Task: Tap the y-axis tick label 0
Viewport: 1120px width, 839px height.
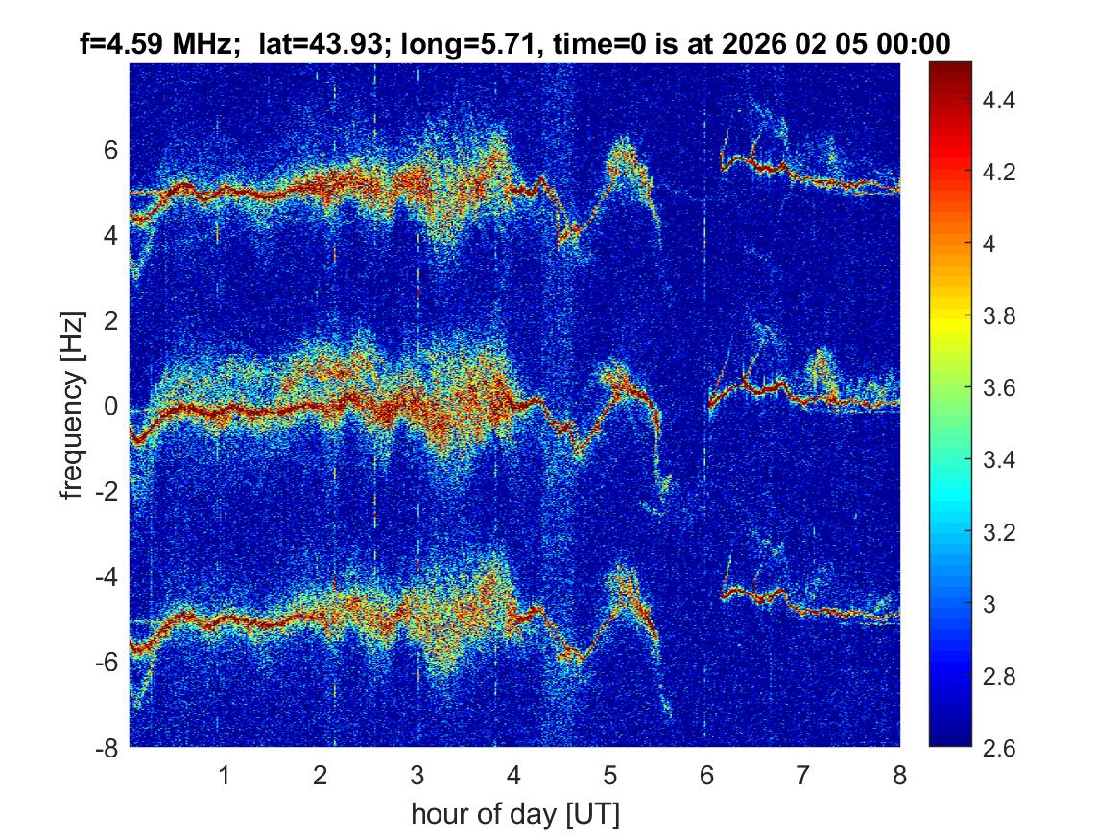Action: click(x=110, y=407)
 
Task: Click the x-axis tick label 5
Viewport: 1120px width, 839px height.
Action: click(x=610, y=775)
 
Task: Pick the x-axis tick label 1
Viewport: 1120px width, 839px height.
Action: click(x=225, y=775)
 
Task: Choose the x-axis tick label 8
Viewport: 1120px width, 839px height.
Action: click(x=899, y=775)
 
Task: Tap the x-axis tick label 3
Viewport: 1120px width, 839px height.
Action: click(x=417, y=775)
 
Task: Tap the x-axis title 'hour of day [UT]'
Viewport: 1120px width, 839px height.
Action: click(x=514, y=815)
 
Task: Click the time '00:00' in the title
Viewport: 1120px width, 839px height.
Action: click(x=916, y=44)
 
